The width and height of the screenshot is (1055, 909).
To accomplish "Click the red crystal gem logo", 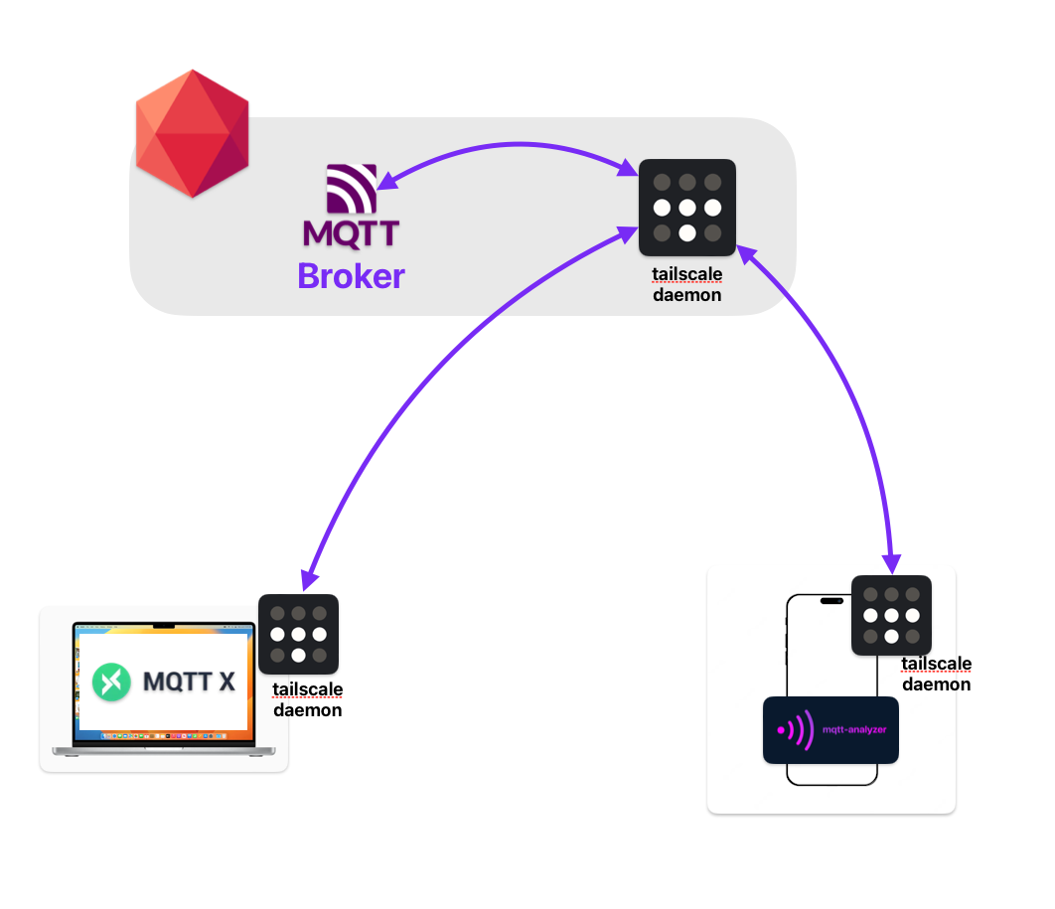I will click(192, 133).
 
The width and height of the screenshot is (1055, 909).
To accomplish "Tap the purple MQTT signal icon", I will click(352, 190).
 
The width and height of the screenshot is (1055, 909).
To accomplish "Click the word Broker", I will click(351, 275).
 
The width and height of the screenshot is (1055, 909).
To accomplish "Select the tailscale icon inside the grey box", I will click(686, 208).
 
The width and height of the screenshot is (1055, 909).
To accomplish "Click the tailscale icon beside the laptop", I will click(298, 634).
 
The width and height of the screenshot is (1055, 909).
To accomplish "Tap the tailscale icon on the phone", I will click(891, 615).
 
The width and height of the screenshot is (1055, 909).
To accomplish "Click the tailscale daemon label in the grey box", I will click(686, 284).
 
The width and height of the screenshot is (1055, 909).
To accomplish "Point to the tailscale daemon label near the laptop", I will click(308, 700).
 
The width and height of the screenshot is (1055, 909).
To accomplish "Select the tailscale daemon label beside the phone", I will click(936, 674).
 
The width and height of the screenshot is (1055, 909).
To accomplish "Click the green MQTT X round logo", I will click(112, 682).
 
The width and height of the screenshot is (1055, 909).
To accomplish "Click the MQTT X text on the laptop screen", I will click(189, 682).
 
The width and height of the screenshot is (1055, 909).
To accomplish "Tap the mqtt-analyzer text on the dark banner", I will click(854, 729).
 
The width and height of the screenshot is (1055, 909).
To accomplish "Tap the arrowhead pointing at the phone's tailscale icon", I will click(891, 562).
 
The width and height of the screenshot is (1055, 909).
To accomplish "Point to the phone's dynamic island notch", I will click(831, 601).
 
